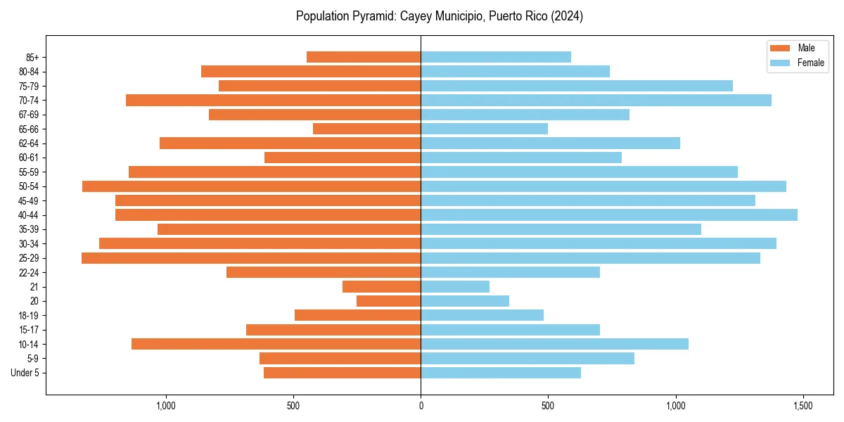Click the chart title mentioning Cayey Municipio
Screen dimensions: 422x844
click(440, 16)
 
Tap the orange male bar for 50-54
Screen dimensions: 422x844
click(251, 186)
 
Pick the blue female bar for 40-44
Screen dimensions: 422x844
click(609, 215)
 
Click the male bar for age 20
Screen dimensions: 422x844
click(388, 301)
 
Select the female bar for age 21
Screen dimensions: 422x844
click(455, 286)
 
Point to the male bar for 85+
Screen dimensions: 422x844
click(364, 57)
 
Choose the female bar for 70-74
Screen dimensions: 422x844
click(596, 100)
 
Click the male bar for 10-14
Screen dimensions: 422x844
click(276, 344)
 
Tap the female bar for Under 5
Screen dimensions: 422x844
click(501, 373)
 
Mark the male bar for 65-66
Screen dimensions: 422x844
click(366, 129)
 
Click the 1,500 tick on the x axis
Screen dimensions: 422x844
click(803, 406)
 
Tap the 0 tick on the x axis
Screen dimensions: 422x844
click(421, 406)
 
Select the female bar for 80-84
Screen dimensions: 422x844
click(515, 71)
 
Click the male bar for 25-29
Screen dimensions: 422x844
click(251, 258)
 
